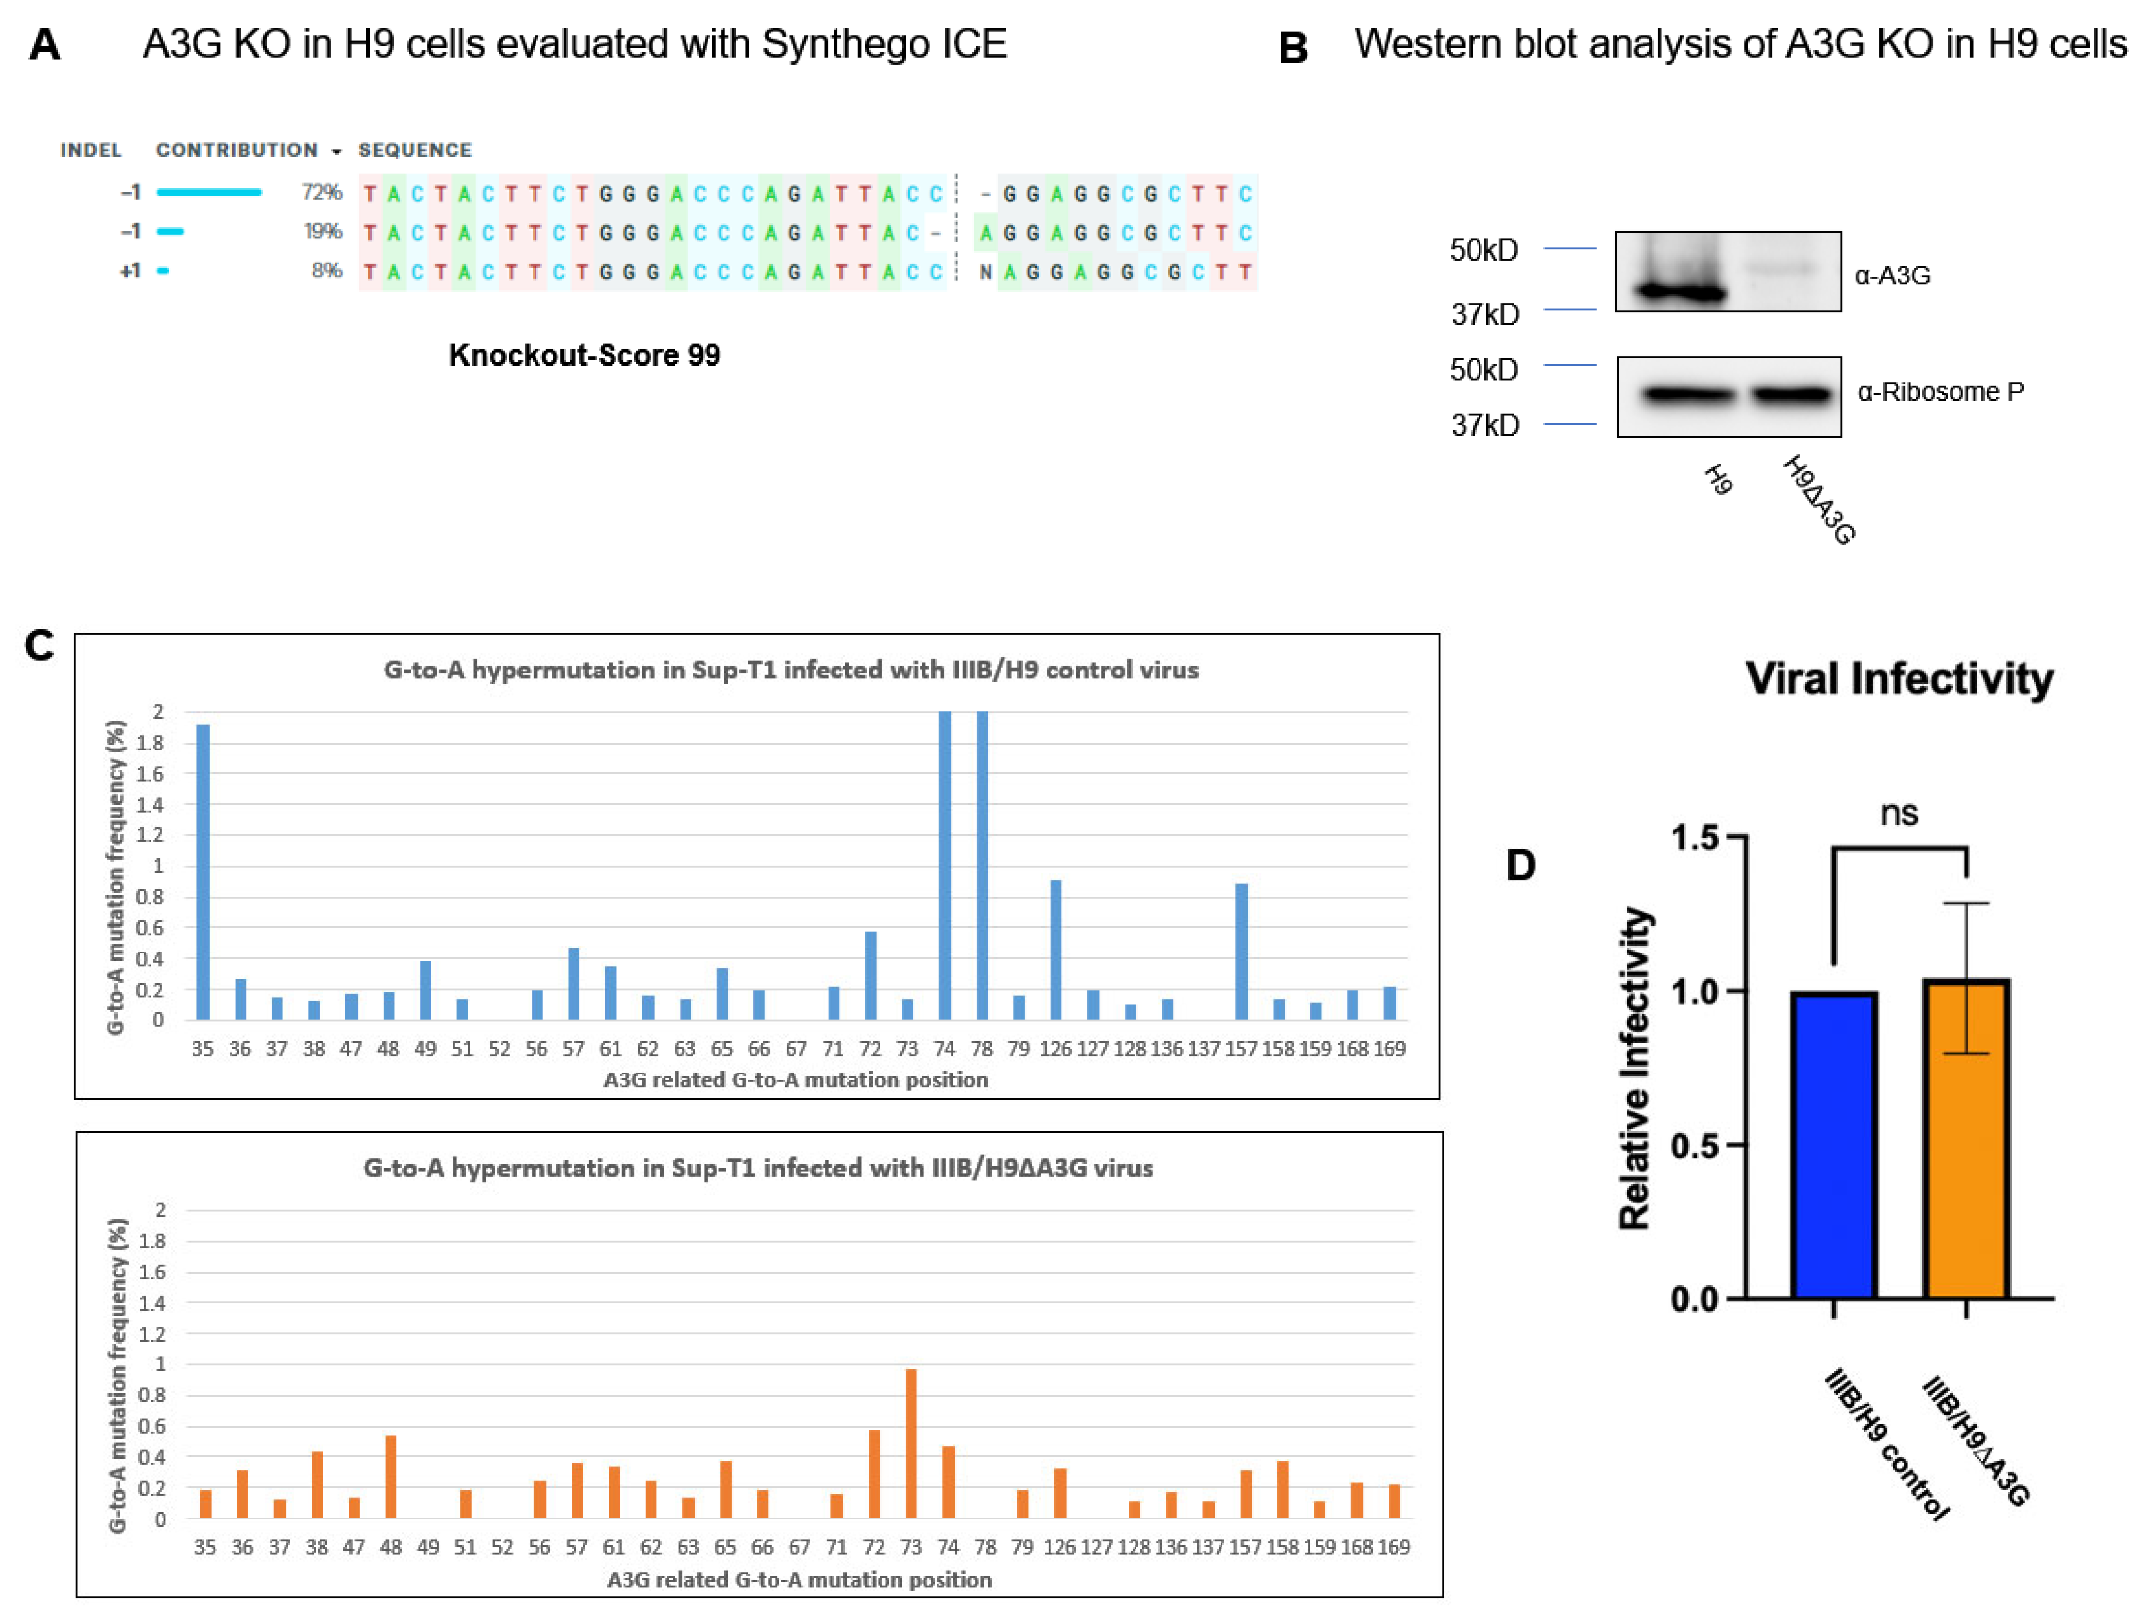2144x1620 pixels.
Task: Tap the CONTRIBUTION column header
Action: pos(237,150)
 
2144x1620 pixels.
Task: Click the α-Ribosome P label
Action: pos(1940,392)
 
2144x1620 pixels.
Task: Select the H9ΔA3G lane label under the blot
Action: pos(1819,500)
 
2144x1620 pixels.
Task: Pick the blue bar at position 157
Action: pos(1242,950)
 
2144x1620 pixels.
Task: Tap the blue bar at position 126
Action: pos(1056,949)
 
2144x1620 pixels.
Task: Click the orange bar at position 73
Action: pos(911,1443)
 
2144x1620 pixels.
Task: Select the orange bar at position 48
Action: pos(390,1476)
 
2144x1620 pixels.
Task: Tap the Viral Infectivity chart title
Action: pos(1899,678)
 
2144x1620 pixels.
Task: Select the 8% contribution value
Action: pos(327,270)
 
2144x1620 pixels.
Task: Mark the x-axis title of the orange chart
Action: pos(798,1579)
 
